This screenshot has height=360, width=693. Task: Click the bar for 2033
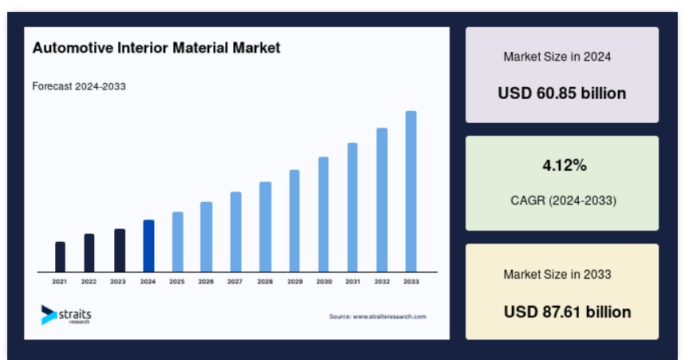click(411, 192)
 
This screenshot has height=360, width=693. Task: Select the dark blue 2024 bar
click(149, 246)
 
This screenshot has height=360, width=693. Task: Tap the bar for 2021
click(60, 257)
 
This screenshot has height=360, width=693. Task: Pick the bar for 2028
click(265, 227)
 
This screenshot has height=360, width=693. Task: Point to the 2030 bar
click(323, 214)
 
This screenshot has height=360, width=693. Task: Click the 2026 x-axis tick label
click(206, 281)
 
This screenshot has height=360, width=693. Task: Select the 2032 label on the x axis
click(382, 281)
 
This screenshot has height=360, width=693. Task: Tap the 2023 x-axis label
click(118, 281)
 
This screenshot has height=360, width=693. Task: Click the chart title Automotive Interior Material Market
click(156, 48)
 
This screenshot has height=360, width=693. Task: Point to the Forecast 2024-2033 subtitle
click(79, 86)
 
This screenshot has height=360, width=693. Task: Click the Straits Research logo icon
click(49, 315)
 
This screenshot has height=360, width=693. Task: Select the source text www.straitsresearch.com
click(390, 316)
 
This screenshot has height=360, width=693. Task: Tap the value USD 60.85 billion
click(562, 93)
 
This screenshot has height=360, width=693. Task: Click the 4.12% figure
click(564, 166)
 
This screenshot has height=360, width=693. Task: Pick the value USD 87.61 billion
click(568, 312)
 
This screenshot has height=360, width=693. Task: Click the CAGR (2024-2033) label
click(564, 200)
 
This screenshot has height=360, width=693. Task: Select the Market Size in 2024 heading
click(557, 57)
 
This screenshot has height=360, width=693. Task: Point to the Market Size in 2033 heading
click(557, 275)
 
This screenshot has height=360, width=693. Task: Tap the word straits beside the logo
click(75, 315)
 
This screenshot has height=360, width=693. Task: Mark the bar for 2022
click(89, 253)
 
